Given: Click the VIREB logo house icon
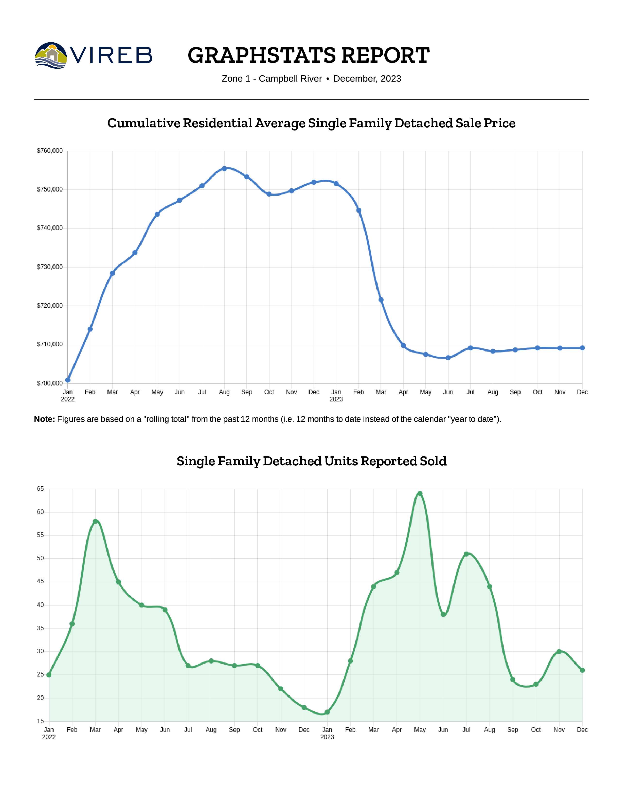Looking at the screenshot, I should (x=52, y=55).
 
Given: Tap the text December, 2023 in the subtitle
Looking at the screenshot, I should (x=367, y=79).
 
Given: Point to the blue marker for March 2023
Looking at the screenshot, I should (x=381, y=300).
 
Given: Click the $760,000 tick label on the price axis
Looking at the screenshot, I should (x=50, y=151).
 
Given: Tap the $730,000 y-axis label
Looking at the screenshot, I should (x=50, y=267).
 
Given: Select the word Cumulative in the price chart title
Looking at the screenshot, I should (x=143, y=123).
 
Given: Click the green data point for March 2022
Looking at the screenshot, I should (x=95, y=521).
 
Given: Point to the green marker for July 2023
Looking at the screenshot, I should (x=466, y=554).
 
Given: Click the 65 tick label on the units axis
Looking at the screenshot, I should (x=40, y=489).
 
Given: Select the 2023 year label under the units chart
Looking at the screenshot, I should (x=327, y=737).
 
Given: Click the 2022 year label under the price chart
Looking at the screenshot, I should (x=68, y=399).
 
